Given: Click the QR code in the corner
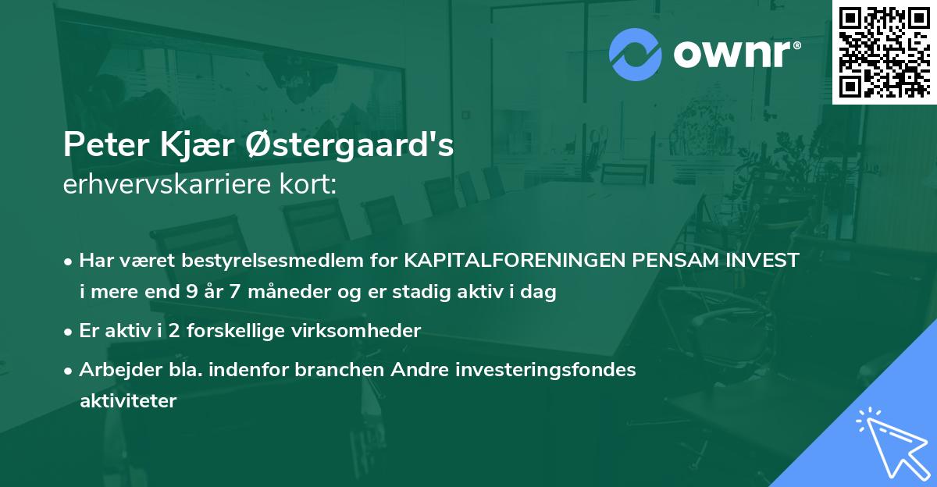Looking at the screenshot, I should (x=884, y=52).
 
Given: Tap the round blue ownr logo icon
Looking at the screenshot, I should (x=635, y=55).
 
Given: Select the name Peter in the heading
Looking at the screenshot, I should (x=99, y=144).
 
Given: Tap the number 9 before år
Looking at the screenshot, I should (x=192, y=293).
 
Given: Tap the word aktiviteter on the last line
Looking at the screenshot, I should (x=129, y=401).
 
